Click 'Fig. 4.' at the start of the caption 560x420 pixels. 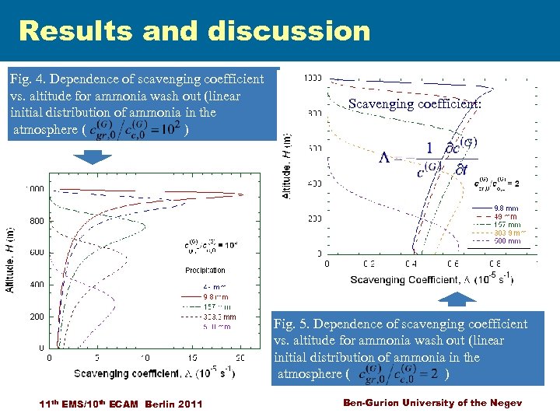click(x=28, y=79)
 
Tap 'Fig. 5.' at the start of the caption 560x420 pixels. click(x=293, y=324)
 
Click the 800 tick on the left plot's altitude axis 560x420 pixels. click(x=37, y=221)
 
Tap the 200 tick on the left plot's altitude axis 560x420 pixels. click(x=37, y=317)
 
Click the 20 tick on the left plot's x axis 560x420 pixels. click(x=240, y=358)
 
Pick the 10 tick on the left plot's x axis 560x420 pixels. click(x=145, y=358)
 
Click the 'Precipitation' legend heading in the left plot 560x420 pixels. click(x=205, y=271)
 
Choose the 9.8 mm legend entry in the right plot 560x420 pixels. click(x=506, y=208)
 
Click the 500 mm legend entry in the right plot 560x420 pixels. click(x=507, y=241)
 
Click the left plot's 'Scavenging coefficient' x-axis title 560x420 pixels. click(x=156, y=373)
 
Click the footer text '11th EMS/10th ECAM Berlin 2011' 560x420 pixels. click(x=121, y=403)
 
